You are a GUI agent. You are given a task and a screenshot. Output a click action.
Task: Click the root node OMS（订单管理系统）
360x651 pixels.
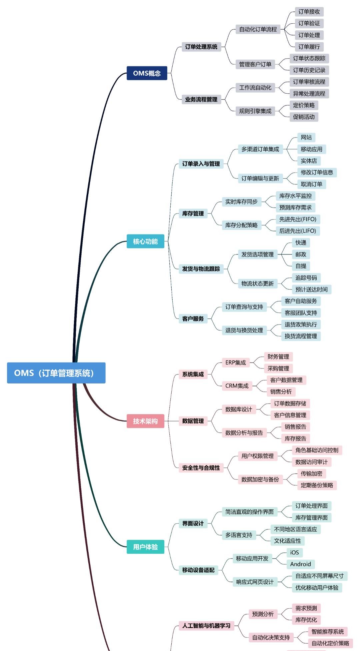click(56, 373)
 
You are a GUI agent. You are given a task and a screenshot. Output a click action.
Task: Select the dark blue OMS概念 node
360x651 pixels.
click(147, 73)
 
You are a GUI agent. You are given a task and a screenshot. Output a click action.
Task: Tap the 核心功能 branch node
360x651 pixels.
click(145, 241)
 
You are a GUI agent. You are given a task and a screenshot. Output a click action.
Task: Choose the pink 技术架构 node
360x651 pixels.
click(145, 421)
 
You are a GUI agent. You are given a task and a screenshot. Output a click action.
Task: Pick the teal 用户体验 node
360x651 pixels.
click(145, 547)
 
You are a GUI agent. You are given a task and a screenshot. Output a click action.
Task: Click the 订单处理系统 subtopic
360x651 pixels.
click(201, 47)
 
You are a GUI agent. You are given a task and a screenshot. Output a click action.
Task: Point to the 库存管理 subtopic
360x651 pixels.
click(193, 213)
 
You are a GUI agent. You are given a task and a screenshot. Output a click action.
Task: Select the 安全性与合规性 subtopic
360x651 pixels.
click(201, 468)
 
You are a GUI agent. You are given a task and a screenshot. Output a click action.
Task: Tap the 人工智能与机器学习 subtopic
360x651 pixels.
click(206, 626)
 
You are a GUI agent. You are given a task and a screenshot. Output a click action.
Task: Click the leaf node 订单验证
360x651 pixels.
click(309, 23)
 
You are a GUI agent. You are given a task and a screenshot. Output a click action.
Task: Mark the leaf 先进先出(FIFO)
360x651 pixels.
click(298, 219)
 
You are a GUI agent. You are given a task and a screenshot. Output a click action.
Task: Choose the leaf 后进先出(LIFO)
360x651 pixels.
click(298, 231)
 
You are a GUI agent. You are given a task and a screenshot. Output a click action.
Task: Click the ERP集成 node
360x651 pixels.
click(235, 362)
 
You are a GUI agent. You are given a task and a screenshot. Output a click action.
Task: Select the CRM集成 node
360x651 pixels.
click(237, 386)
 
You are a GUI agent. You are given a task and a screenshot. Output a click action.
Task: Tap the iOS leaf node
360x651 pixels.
click(294, 552)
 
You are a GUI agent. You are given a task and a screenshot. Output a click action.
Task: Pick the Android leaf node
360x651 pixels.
click(300, 564)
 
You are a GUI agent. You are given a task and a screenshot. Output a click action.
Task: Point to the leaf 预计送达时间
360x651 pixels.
click(311, 289)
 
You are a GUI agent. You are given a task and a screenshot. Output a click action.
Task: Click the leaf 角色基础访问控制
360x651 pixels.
click(317, 450)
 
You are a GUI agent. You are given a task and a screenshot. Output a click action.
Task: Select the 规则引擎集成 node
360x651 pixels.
click(255, 111)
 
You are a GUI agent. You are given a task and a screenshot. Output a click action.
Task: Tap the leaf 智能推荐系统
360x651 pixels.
click(327, 631)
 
